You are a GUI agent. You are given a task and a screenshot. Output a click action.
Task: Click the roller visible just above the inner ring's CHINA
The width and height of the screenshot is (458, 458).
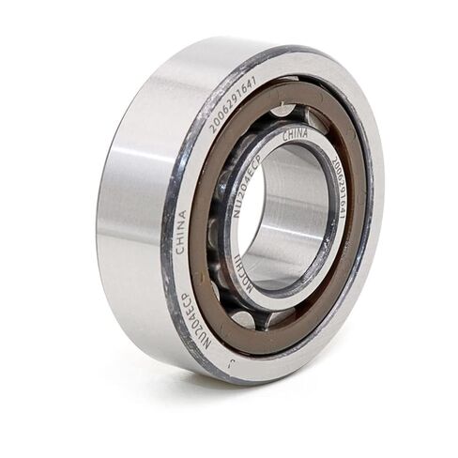(x=282, y=110)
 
